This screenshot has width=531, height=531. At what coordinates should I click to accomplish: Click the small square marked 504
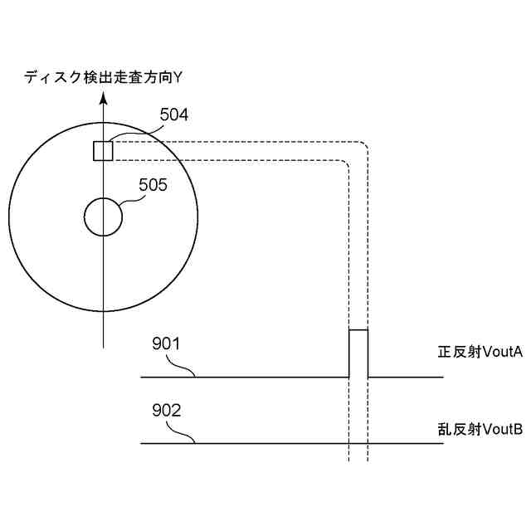[x=102, y=150]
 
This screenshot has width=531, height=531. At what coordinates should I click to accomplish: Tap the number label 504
[x=173, y=115]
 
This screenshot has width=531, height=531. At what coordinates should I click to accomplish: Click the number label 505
[x=153, y=185]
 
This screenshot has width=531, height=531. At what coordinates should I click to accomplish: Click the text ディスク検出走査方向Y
[x=103, y=78]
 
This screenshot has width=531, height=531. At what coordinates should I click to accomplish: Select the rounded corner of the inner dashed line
[x=343, y=165]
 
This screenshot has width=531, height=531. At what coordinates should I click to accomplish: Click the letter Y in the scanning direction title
[x=178, y=78]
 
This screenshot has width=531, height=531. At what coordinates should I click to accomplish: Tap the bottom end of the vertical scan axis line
[x=103, y=345]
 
